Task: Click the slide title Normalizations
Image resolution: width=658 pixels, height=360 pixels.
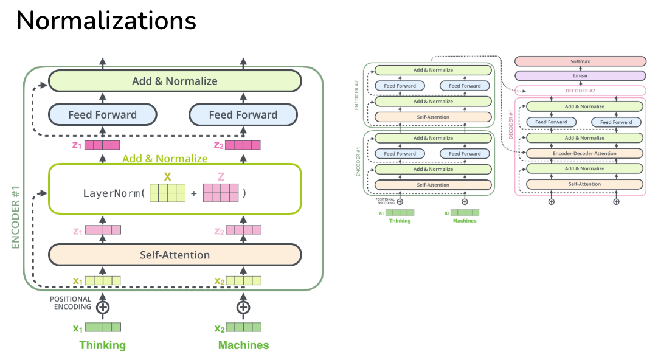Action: tap(106, 21)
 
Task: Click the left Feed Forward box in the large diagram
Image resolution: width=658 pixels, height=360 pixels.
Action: tap(102, 114)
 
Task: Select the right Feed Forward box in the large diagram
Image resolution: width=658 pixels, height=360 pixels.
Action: tap(243, 114)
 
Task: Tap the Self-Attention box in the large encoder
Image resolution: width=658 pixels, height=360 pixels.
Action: tap(175, 255)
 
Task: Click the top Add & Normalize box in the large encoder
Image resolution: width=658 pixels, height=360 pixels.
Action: tap(175, 81)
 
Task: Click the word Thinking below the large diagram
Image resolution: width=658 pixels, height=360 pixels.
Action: tap(102, 345)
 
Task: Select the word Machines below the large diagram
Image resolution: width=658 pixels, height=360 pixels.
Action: tap(243, 345)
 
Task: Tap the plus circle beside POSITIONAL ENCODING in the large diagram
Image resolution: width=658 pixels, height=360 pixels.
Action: tap(103, 307)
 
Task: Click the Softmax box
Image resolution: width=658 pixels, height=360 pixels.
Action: tap(580, 61)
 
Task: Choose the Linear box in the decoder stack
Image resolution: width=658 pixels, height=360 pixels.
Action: tap(580, 76)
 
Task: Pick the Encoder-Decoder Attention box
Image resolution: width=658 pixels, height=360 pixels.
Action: tap(584, 153)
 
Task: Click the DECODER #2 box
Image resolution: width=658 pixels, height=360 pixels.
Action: tap(580, 91)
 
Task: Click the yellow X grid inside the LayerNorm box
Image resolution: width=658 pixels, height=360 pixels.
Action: tap(167, 193)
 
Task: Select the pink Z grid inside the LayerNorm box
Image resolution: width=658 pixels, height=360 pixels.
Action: tap(221, 193)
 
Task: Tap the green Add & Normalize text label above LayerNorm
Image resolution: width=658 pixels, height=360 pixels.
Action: tap(165, 159)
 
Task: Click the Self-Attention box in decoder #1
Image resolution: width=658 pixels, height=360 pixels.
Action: tap(584, 184)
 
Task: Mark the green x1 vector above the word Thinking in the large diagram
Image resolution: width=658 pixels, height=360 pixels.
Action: tap(103, 327)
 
